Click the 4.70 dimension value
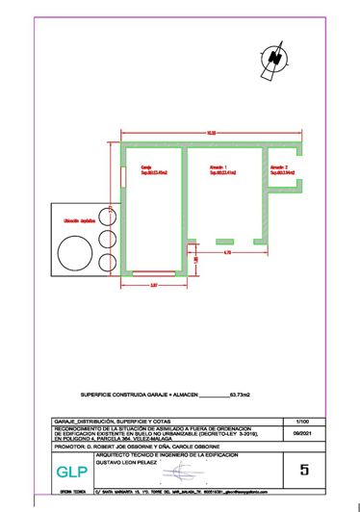(x=226, y=252)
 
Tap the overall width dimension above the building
(x=211, y=132)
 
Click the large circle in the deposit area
(x=70, y=252)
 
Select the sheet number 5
(x=304, y=471)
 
